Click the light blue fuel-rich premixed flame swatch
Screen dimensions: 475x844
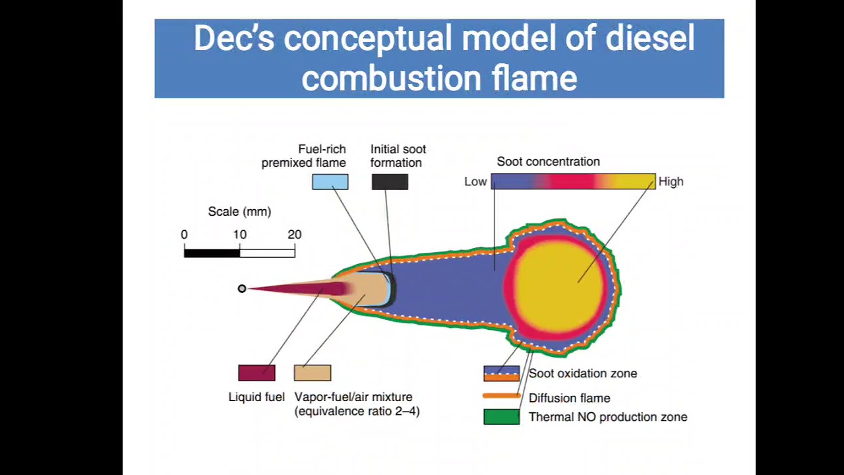pos(330,182)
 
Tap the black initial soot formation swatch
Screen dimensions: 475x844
pos(390,182)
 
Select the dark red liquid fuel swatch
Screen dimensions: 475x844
pos(256,373)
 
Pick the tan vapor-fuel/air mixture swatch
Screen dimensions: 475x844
pos(313,373)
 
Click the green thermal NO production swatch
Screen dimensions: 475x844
pos(502,417)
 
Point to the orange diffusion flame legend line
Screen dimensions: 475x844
pos(502,396)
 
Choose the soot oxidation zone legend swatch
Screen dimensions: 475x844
pos(502,373)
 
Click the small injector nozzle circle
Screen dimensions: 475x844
pos(242,288)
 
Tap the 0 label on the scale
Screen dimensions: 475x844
pos(184,234)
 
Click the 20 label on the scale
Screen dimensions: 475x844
pos(294,234)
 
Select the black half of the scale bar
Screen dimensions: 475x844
pos(212,253)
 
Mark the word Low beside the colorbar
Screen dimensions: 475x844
pos(475,182)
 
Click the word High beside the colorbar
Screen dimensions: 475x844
pos(671,182)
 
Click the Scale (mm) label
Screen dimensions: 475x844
pos(239,212)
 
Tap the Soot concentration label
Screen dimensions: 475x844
pos(548,162)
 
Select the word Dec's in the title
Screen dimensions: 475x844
pos(233,39)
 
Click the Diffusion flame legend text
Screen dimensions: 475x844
pos(569,398)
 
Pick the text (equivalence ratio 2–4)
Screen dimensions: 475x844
pos(357,411)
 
